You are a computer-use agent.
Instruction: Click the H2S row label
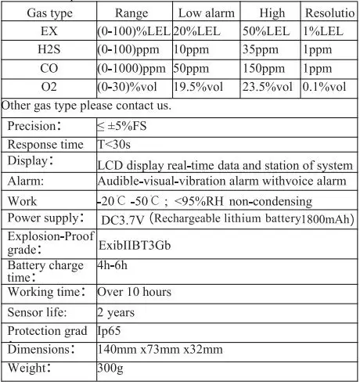[47, 49]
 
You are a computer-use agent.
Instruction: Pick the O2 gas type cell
[47, 86]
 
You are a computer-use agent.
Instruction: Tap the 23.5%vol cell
[268, 86]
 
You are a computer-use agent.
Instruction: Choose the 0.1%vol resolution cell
[329, 86]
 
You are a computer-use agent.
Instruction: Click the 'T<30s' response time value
[114, 145]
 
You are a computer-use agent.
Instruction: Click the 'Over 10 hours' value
[134, 292]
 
